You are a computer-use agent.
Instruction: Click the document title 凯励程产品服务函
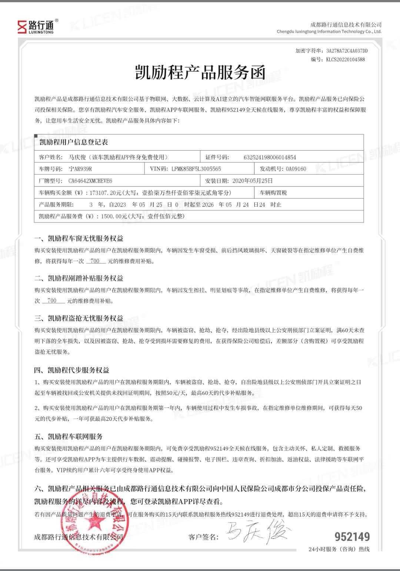200,72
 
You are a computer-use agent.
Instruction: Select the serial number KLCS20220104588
345,59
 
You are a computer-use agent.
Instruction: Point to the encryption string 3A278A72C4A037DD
347,51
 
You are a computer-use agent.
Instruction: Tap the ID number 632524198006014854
270,157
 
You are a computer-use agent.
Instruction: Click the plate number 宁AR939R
80,169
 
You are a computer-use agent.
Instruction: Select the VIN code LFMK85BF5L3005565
196,169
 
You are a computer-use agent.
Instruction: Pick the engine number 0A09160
296,169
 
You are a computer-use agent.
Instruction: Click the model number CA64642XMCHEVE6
90,181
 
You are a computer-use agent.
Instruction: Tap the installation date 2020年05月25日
252,181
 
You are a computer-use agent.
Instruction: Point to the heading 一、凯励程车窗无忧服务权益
79,238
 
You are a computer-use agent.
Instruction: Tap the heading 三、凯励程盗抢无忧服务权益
79,318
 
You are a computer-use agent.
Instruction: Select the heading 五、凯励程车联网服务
69,436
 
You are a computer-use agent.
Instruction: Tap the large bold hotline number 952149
352,537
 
